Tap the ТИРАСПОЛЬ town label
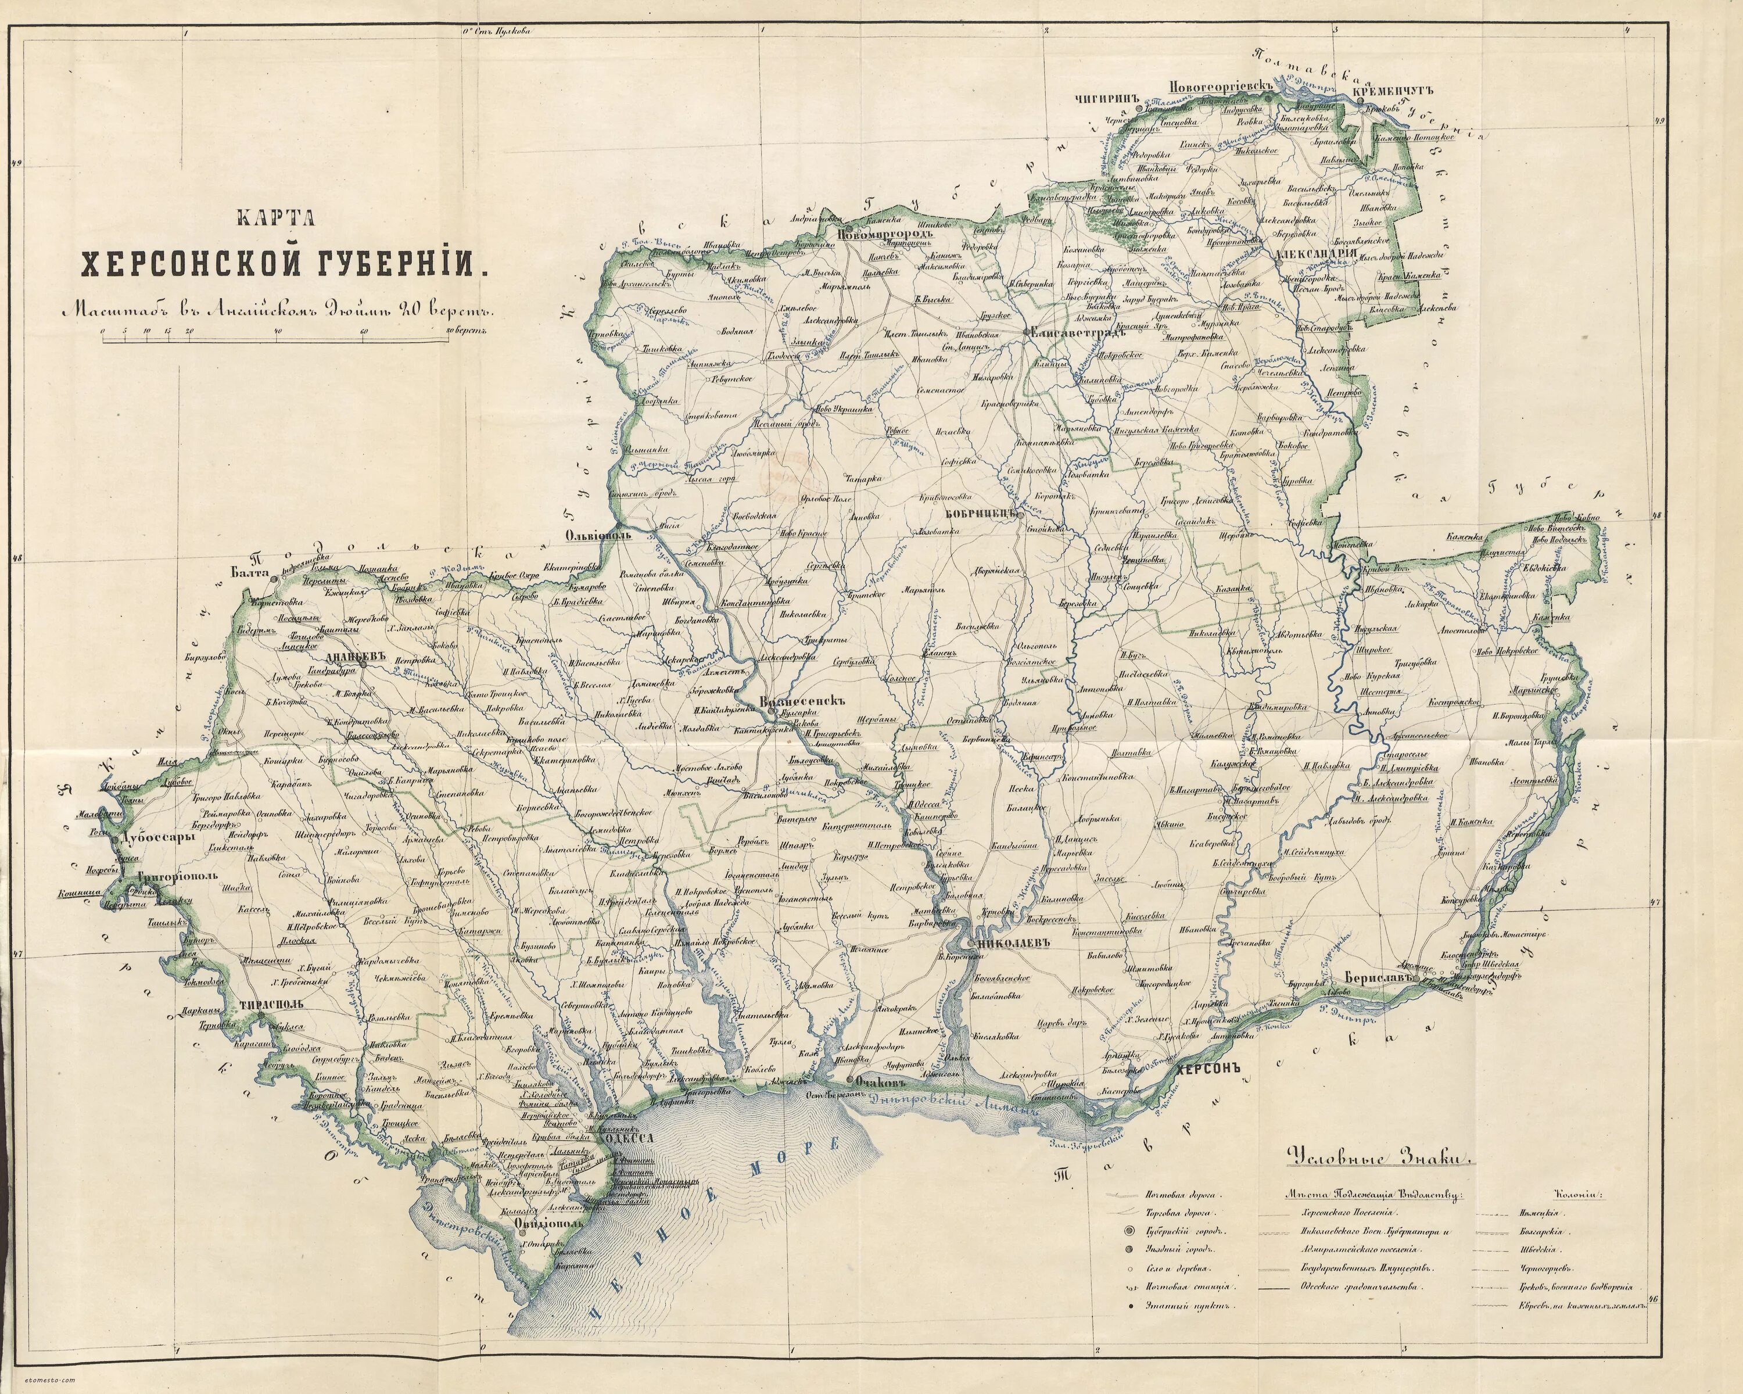[271, 1005]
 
